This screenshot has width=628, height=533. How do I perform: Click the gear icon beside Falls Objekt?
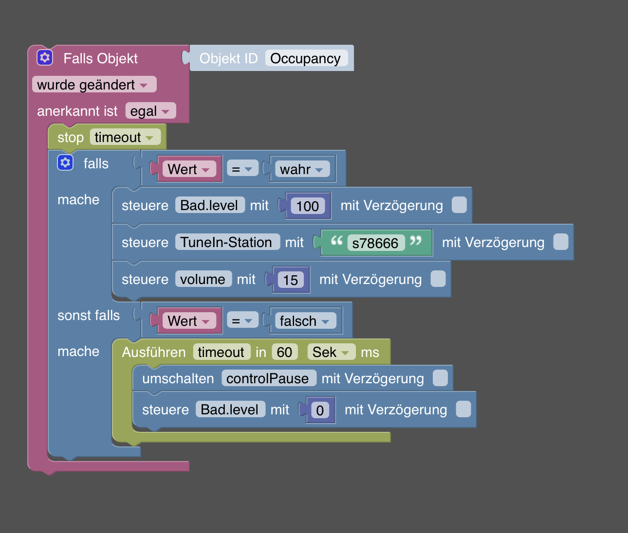45,57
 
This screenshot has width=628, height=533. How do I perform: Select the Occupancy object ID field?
306,58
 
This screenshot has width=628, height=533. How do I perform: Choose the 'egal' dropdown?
150,111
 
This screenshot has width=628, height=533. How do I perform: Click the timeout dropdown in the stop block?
125,137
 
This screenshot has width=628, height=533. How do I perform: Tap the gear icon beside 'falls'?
65,162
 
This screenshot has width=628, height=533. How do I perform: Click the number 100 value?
308,206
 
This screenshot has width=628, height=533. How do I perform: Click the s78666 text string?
375,243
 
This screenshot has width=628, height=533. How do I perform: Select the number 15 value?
291,280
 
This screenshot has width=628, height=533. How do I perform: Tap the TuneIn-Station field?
227,242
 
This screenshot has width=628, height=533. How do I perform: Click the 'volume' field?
203,279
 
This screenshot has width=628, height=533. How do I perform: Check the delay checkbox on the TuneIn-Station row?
561,242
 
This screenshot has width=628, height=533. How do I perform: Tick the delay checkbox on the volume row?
438,279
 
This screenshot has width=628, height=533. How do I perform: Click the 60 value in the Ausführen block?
284,352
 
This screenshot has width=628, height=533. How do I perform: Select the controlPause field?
268,378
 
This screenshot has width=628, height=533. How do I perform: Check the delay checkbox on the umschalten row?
440,378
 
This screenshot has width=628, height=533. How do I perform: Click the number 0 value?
320,410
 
